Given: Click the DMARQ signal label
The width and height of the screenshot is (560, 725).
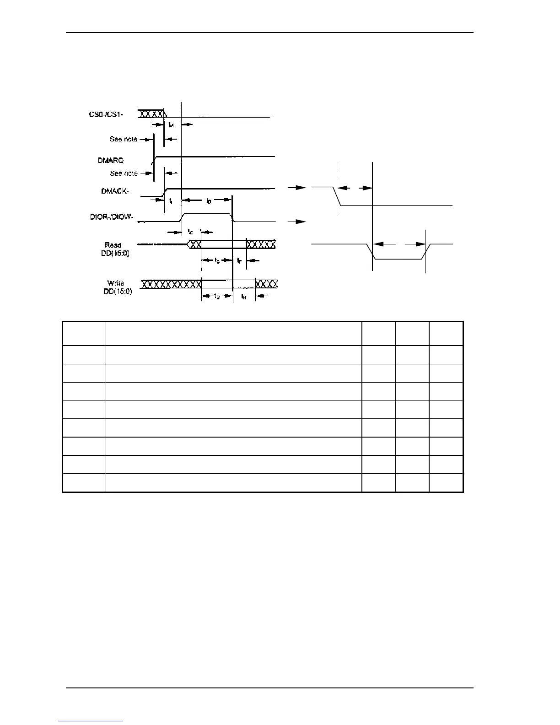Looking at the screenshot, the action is coord(110,161).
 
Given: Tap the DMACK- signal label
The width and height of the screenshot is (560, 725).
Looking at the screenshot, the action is coord(114,191).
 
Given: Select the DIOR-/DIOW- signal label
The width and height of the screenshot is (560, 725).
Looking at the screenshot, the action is coord(112,217).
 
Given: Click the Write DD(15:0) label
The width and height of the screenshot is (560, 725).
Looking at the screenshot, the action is coord(117,287).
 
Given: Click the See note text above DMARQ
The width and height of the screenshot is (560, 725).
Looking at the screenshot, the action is coord(124,139).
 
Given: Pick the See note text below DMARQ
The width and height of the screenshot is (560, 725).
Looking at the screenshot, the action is coord(124,173).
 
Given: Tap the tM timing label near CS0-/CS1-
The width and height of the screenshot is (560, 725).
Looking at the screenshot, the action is coord(171,124).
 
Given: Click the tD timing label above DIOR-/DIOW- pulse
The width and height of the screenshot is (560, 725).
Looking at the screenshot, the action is coord(208,200).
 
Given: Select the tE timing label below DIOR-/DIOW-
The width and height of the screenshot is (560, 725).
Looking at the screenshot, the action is coord(190,232).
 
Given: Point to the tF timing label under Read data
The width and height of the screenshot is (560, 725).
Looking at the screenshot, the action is coord(239,260).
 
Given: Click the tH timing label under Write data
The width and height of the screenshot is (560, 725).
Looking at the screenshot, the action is coord(243,297).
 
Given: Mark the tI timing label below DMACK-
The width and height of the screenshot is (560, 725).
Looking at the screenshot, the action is coord(171,201).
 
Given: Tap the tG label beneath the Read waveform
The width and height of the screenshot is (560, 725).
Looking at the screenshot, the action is coord(217,260).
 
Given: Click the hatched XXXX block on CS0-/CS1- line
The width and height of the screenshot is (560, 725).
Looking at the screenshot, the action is coord(151,114).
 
